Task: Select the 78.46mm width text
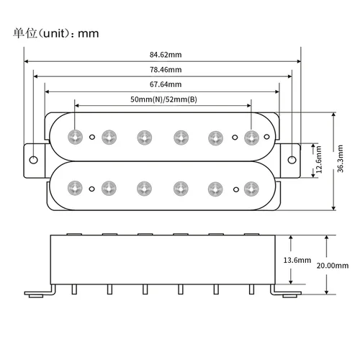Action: pos(166,69)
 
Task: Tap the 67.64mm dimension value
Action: pos(166,84)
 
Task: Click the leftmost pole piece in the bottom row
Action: pos(75,188)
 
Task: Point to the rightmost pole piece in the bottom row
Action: pos(251,188)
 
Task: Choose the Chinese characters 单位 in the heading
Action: pos(23,34)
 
